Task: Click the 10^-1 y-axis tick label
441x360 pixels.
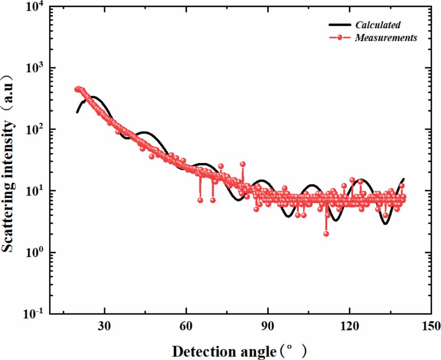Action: pos(35,314)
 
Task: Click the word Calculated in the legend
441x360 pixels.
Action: pos(378,25)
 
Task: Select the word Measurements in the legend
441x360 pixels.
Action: pos(386,38)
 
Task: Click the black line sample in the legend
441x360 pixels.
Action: pos(340,25)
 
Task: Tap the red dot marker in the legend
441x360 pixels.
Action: pos(340,38)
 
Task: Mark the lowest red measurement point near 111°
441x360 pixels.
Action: pos(326,234)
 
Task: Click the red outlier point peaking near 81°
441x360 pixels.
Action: pos(243,164)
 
